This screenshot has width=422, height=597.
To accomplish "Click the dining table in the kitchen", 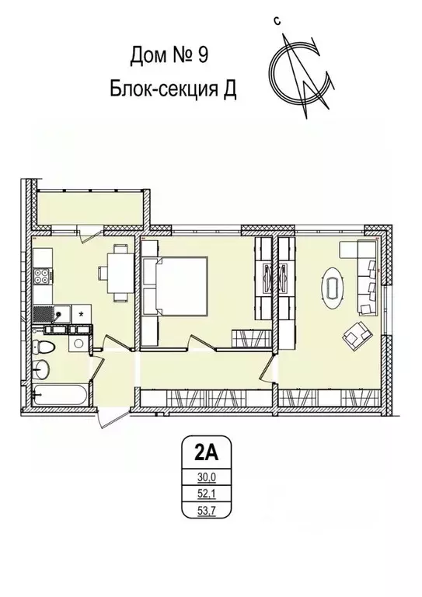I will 118,272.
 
